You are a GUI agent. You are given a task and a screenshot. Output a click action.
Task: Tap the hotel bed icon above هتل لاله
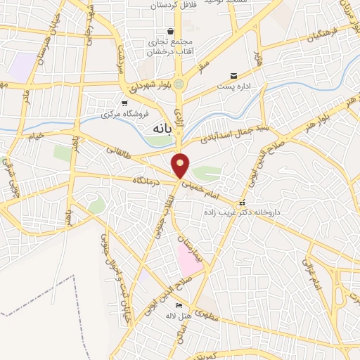click(x=178, y=305)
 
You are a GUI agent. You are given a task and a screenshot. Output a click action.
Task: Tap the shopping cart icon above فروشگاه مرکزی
click(x=124, y=103)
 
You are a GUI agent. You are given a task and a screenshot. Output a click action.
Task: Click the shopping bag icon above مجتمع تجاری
click(x=171, y=31)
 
